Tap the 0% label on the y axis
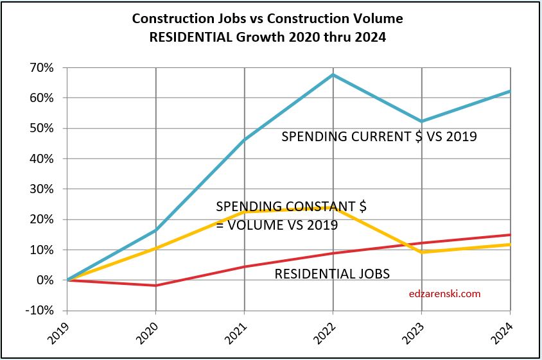46,280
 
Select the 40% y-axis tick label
43,159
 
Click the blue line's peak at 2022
333,74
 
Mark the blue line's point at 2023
422,121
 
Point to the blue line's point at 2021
245,139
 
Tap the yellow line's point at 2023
422,252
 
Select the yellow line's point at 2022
333,207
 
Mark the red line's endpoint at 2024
510,235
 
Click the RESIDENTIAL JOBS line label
332,274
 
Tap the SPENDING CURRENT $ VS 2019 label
379,136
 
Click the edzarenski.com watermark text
444,295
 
